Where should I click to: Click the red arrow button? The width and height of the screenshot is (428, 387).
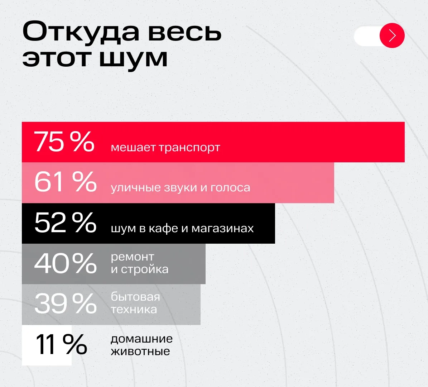[x=392, y=35]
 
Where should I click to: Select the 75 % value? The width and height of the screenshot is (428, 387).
[x=64, y=142]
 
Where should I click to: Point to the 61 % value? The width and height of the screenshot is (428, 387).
[x=66, y=182]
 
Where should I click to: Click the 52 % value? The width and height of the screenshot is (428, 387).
[x=66, y=223]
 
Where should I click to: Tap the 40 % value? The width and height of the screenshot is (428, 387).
[x=66, y=263]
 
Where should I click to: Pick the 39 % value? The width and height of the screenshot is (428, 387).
[x=66, y=304]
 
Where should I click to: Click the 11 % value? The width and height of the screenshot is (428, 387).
[x=61, y=345]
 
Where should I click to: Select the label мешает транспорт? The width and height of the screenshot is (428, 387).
[x=165, y=147]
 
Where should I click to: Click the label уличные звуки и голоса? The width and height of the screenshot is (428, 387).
[x=180, y=187]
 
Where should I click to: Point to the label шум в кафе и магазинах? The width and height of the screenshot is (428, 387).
[x=182, y=228]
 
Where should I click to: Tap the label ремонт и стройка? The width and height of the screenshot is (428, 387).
[x=139, y=263]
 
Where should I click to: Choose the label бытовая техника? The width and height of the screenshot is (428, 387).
[x=135, y=303]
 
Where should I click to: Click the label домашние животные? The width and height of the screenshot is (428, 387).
[x=141, y=345]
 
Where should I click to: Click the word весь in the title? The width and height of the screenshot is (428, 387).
[x=185, y=32]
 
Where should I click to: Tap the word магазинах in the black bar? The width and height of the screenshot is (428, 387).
[x=222, y=228]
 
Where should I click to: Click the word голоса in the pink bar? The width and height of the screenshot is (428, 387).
[x=230, y=187]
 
